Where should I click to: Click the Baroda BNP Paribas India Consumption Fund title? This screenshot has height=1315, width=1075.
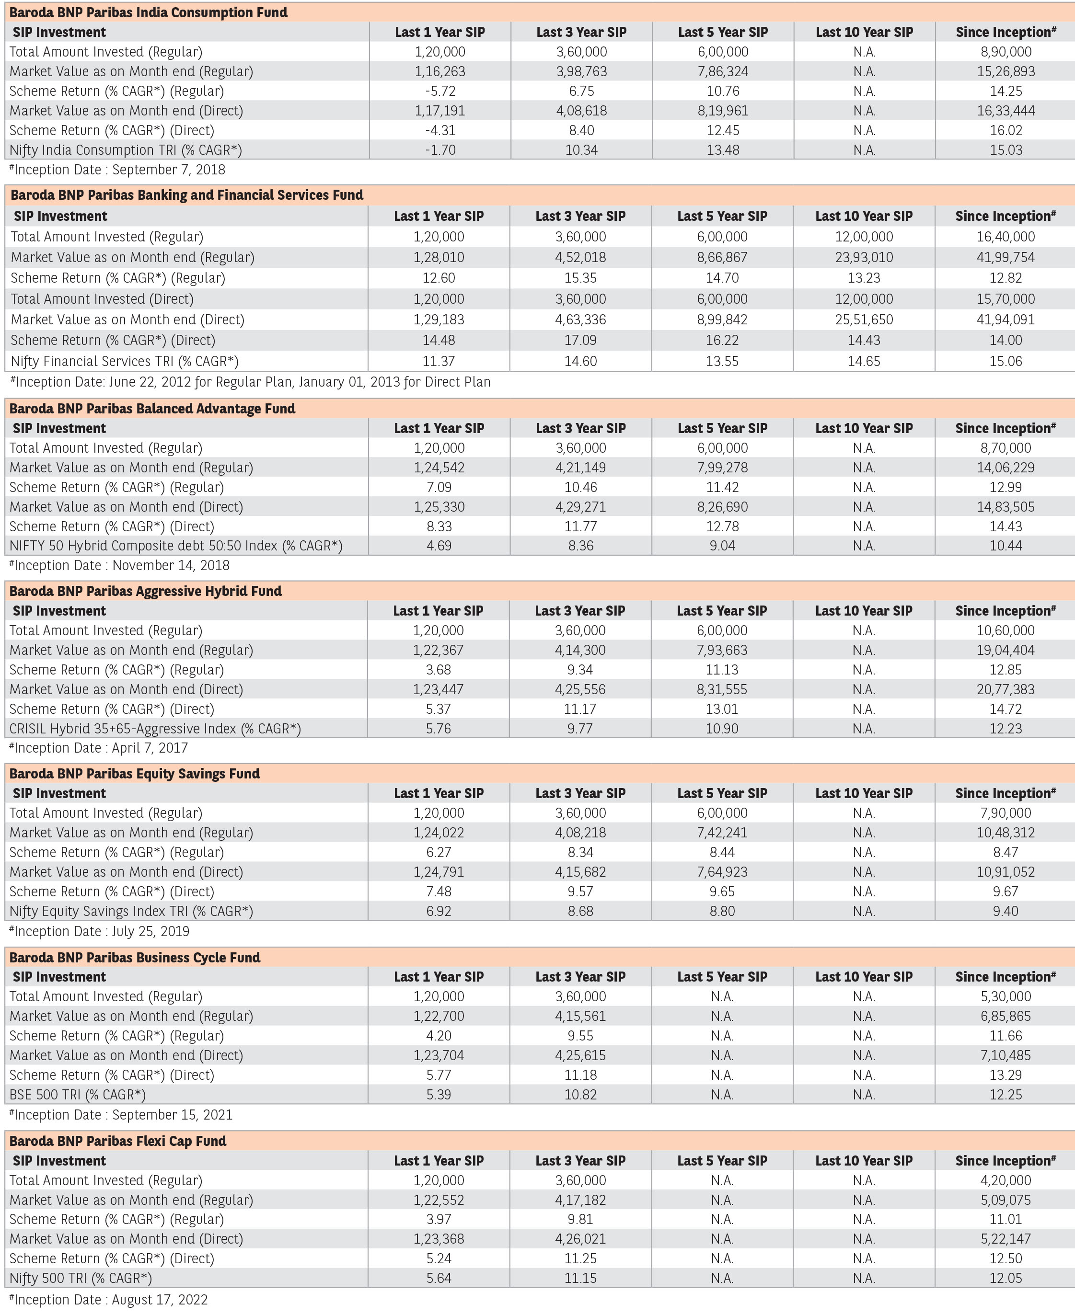tap(149, 12)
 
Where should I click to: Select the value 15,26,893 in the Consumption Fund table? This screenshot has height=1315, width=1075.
tap(1006, 71)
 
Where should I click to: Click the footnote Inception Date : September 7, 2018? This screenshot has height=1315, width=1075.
tap(117, 170)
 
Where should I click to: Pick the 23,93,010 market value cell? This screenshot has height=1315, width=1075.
tap(864, 257)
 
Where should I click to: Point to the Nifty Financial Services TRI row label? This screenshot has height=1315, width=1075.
tap(125, 361)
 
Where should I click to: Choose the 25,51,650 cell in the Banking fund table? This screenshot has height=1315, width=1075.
tap(864, 320)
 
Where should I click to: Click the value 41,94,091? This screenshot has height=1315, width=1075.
tap(1006, 320)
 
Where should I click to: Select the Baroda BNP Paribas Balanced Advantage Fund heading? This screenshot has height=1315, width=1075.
tap(152, 409)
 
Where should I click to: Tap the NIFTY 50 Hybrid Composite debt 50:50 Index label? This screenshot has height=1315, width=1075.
tap(176, 546)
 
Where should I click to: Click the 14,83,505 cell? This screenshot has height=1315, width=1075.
tap(1006, 507)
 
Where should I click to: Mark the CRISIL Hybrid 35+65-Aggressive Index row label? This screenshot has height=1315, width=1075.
tap(155, 728)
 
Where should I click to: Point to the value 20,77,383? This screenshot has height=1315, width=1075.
tap(1006, 689)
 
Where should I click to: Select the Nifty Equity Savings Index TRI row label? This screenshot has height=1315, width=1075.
tap(131, 911)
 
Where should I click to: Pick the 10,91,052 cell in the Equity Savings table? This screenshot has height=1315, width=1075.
tap(1006, 872)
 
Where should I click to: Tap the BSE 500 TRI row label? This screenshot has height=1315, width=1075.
tap(78, 1095)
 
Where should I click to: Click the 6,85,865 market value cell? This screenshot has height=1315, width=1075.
tap(1006, 1016)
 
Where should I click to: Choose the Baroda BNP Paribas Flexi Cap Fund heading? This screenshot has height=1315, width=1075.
tap(117, 1141)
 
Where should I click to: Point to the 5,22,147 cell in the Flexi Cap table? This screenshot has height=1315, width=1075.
tap(1006, 1239)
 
